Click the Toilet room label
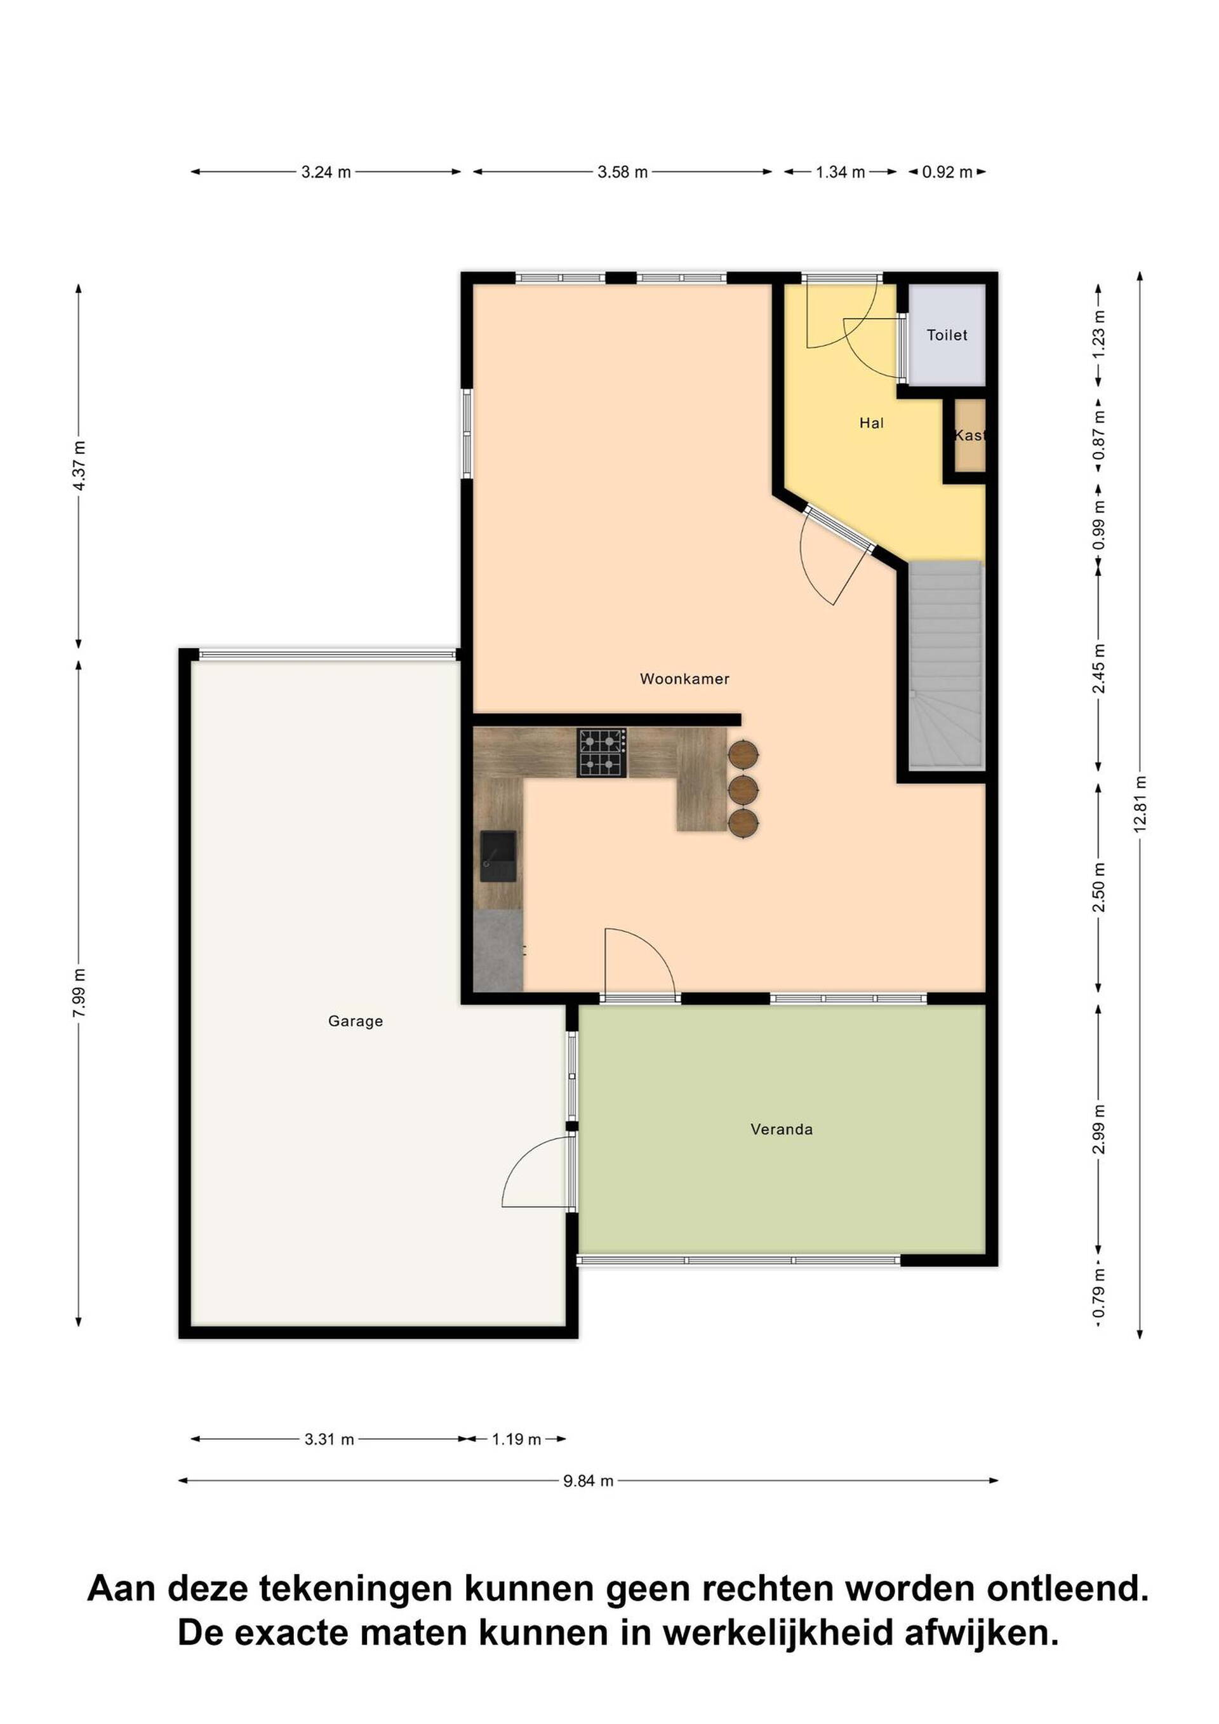coord(947,336)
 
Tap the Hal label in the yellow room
coord(872,424)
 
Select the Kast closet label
coord(969,436)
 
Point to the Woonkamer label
coord(684,679)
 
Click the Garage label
coord(356,1021)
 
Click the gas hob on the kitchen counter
coord(601,752)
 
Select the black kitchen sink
coord(498,856)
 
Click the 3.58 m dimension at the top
coord(622,172)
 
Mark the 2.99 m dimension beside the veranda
coord(1099,1141)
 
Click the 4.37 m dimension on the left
coord(79,465)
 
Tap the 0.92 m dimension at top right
coord(947,172)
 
